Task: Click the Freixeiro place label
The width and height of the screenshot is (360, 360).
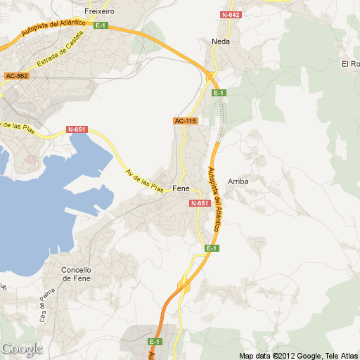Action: [x=99, y=12]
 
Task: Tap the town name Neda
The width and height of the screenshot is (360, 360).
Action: [x=221, y=41]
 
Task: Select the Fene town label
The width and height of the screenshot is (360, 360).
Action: [x=181, y=188]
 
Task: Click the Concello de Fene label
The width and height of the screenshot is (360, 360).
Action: [x=77, y=274]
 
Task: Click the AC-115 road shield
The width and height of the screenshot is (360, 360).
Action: [x=186, y=121]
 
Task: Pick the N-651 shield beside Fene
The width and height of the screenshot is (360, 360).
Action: [x=200, y=203]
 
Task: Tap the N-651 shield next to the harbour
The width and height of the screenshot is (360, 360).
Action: [x=77, y=129]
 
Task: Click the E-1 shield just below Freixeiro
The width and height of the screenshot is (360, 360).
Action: [x=101, y=26]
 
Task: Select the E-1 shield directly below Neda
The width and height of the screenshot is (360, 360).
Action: [x=218, y=93]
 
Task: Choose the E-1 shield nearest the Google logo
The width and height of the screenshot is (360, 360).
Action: [x=155, y=342]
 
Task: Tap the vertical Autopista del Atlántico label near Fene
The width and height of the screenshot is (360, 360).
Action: [x=214, y=200]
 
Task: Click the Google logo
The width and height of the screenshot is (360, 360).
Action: [x=22, y=349]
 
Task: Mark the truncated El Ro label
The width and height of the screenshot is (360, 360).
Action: [x=350, y=64]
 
